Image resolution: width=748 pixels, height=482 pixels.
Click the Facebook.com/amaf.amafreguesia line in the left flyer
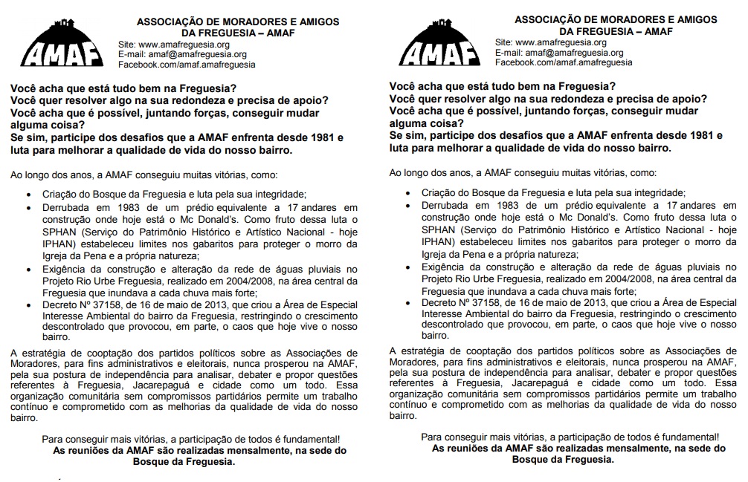(187, 65)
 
